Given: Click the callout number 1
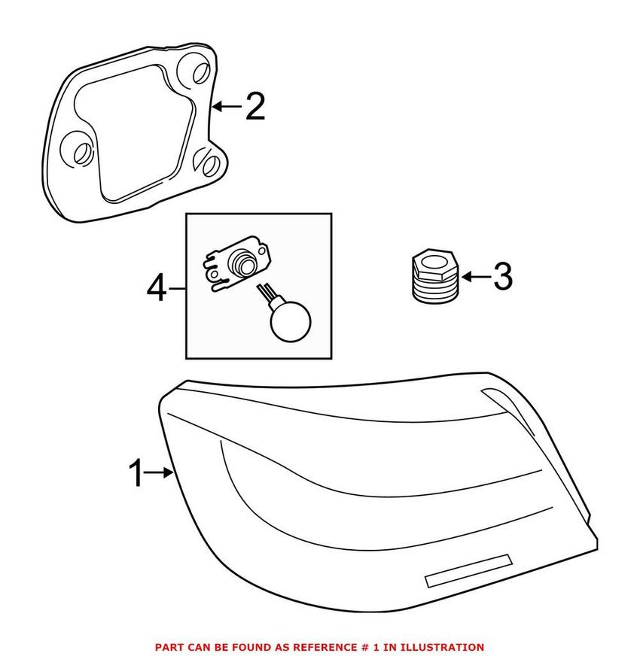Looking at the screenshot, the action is (136, 472).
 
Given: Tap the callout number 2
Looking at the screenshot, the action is (255, 106).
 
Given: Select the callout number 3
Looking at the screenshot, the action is (503, 276).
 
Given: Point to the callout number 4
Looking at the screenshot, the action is (157, 288).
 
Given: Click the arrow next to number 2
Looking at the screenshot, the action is (227, 106).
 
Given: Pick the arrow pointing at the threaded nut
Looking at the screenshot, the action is (476, 277).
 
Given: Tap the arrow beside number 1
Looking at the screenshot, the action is (158, 472).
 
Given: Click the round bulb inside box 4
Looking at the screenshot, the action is (291, 321).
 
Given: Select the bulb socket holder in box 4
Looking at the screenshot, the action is (236, 263).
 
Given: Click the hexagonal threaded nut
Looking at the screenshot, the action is (434, 276).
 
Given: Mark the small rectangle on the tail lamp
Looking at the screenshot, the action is (468, 571).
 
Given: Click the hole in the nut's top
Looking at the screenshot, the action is (434, 263).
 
